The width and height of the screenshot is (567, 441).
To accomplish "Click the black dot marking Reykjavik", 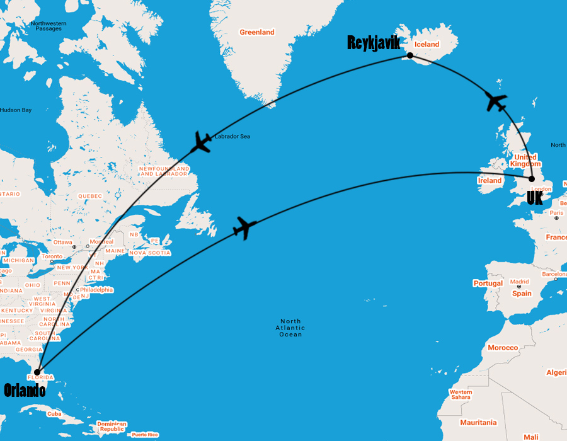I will click(410, 55).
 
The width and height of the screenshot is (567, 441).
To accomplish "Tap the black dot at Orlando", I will click(38, 372).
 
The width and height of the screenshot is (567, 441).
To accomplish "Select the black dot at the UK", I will click(532, 179).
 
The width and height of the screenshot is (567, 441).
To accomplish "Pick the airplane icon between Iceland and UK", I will click(498, 101).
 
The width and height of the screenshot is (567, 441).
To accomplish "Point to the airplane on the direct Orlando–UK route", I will click(244, 227).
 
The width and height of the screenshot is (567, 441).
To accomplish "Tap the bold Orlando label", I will click(25, 391).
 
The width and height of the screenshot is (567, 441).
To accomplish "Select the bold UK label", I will click(534, 198).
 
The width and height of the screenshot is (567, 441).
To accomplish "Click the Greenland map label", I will click(257, 32).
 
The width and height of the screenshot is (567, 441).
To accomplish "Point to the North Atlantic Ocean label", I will click(290, 328).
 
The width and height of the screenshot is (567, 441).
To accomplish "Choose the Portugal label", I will click(488, 283).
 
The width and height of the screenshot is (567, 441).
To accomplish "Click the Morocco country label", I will click(502, 348).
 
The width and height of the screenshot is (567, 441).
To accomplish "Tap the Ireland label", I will click(490, 181).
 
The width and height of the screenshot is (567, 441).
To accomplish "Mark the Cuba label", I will click(54, 414).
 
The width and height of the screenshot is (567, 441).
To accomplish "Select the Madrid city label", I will click(520, 282).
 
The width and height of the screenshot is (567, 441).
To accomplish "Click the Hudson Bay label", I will click(15, 110).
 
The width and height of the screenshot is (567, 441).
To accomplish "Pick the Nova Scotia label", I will click(150, 253).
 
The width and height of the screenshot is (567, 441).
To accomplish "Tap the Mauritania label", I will click(478, 423).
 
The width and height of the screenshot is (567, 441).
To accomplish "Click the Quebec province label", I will click(89, 196).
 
